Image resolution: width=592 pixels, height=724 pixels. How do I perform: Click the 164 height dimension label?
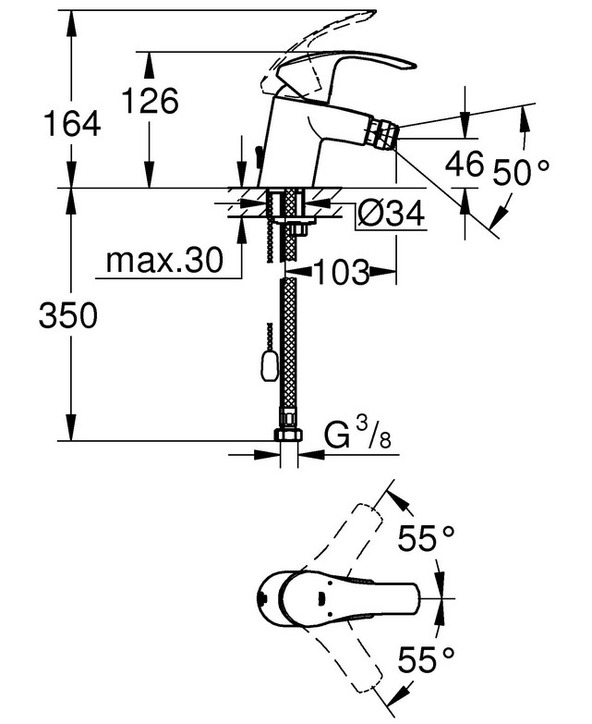[72, 124]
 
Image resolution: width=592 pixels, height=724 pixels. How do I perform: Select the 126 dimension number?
[150, 100]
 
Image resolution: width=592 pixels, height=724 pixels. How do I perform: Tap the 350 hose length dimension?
[68, 316]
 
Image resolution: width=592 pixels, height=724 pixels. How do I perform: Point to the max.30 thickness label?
[164, 261]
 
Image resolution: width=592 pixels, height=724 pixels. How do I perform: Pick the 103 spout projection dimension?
[342, 272]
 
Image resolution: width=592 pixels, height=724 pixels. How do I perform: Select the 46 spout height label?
[465, 163]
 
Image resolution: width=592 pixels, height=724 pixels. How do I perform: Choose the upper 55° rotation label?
[426, 538]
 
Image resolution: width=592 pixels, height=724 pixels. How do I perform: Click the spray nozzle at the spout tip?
[384, 133]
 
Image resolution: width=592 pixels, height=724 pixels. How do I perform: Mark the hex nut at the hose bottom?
[289, 435]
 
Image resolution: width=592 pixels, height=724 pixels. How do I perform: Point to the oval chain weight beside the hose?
[270, 365]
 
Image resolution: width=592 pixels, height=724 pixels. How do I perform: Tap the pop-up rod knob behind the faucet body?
[258, 153]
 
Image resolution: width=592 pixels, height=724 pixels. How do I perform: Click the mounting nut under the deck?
[300, 227]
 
